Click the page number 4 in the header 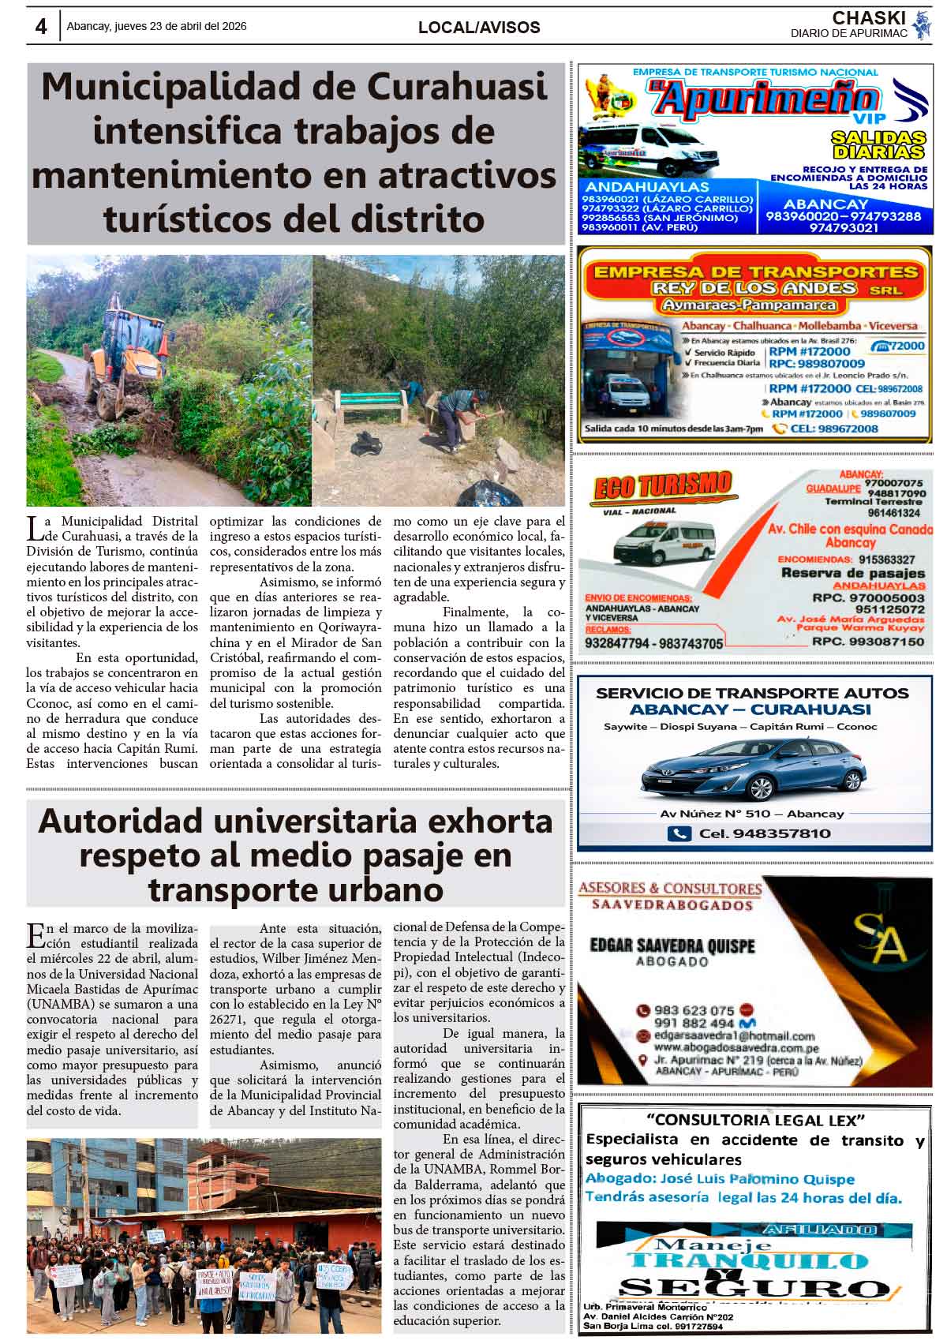tap(40, 27)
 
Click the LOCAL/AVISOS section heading tap(479, 28)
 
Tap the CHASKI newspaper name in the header tap(868, 18)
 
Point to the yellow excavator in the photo tap(130, 359)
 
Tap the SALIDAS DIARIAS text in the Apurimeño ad tap(878, 145)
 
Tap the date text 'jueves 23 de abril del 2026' tap(181, 26)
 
